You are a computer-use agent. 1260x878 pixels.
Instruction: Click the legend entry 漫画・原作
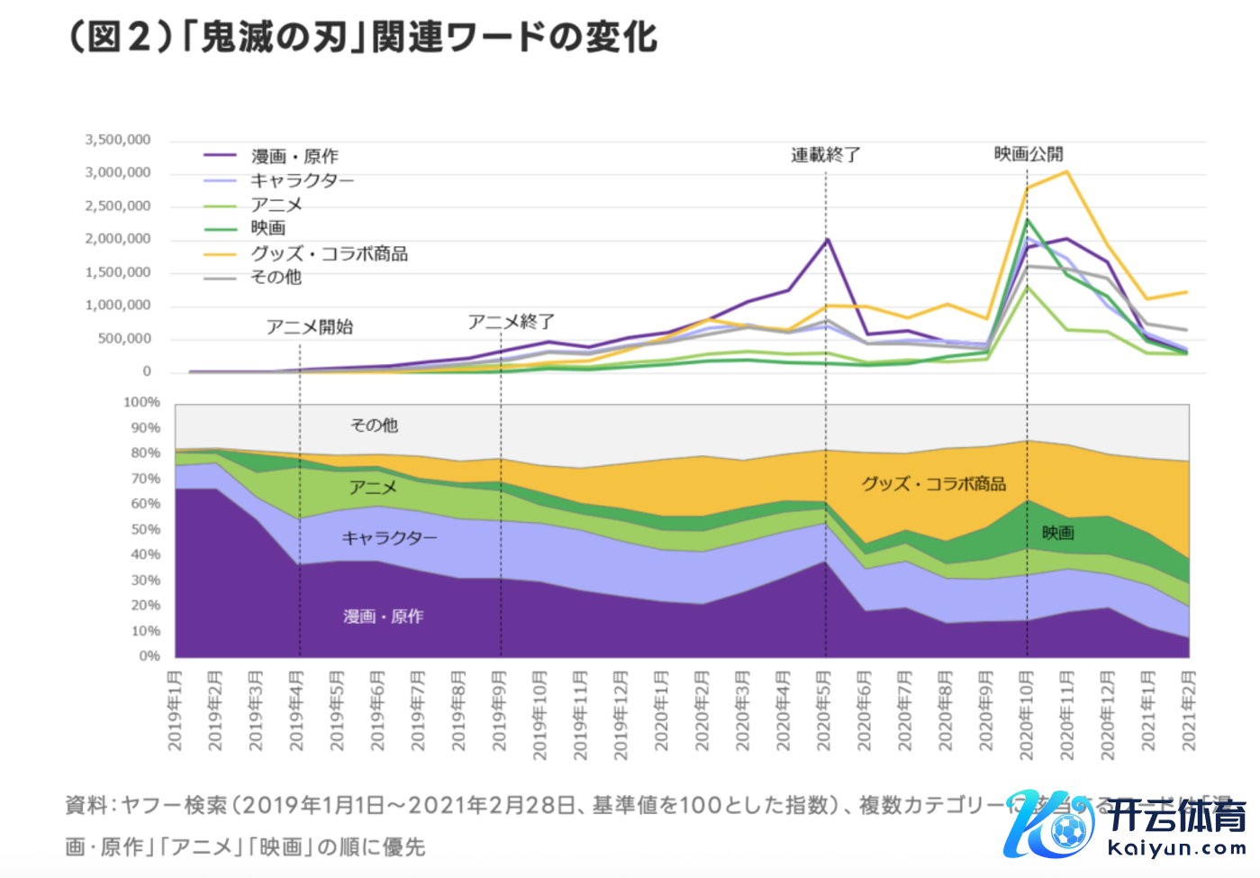pos(294,156)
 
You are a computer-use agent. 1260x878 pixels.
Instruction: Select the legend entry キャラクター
pos(302,180)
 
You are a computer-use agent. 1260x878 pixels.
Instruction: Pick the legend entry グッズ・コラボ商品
pos(329,253)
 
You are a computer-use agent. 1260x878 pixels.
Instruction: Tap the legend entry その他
pos(276,278)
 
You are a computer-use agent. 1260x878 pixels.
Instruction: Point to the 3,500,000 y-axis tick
pos(118,140)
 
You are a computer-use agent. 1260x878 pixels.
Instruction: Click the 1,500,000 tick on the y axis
pos(118,272)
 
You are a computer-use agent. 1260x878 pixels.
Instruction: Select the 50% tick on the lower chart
pos(144,529)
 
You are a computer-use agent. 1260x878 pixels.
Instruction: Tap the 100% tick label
pos(141,402)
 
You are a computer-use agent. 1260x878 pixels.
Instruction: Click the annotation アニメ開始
pos(310,326)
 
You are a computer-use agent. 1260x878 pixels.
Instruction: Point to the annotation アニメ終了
pos(511,322)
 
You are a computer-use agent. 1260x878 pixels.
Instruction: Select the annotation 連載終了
pos(826,155)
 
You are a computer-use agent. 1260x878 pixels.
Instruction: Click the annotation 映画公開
pos(1029,154)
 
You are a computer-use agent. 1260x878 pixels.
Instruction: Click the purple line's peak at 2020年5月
pos(827,239)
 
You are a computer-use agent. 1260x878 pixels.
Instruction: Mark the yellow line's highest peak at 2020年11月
pos(1066,171)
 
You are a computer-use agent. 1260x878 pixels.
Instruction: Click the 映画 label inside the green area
pos(1058,533)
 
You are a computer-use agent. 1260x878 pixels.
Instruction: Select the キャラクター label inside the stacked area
pos(389,538)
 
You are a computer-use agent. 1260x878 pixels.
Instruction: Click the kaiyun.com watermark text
pos(1176,848)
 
